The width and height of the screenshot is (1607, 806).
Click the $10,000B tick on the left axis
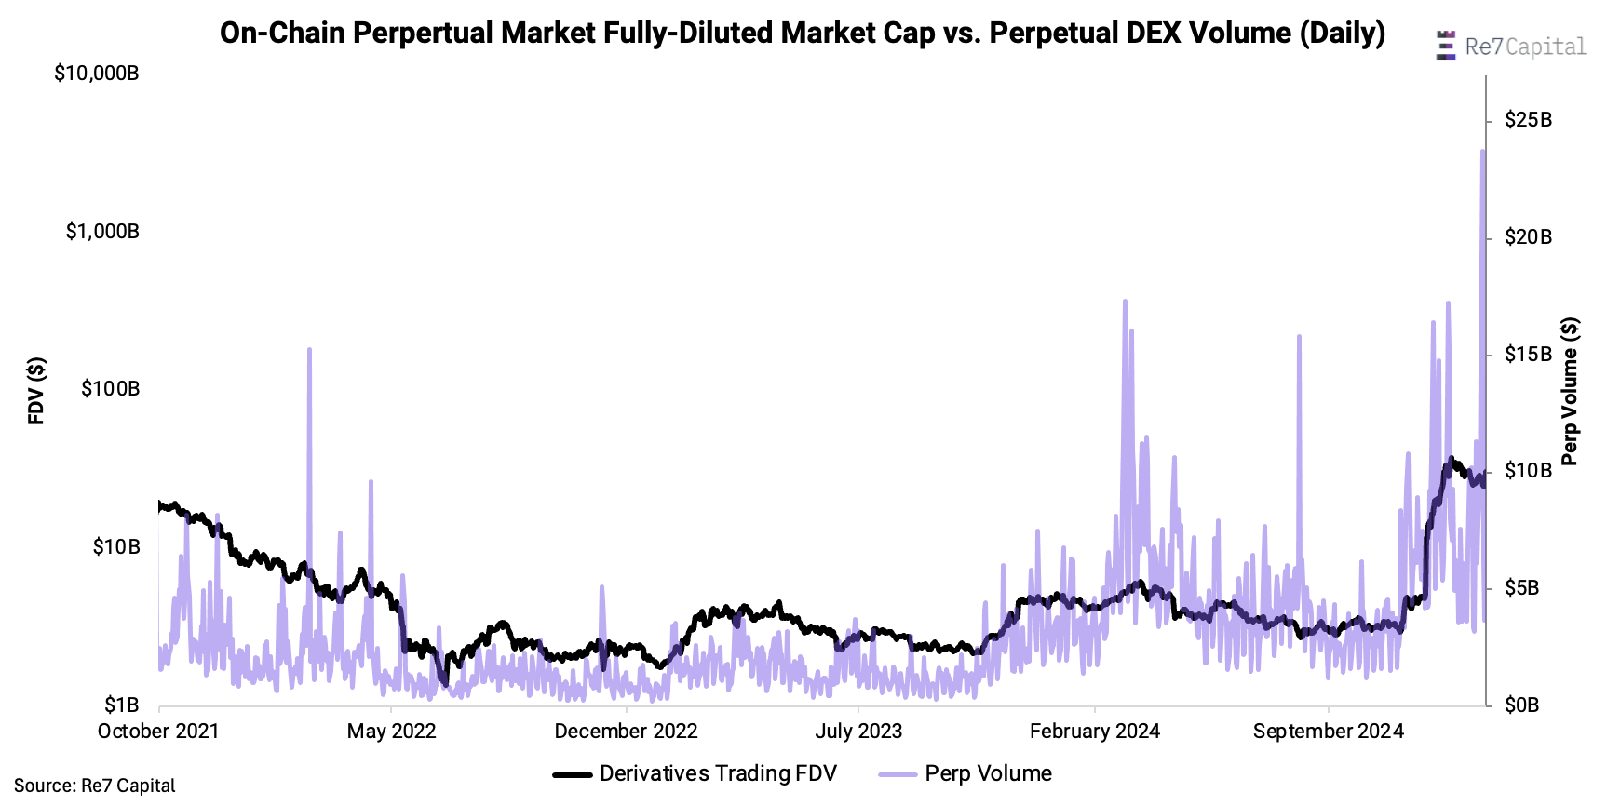[97, 73]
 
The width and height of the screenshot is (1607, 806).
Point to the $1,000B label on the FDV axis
[102, 231]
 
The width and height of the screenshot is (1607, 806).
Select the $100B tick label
[110, 388]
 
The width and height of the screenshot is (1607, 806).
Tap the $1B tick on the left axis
[121, 705]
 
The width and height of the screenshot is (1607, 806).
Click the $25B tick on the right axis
[1528, 120]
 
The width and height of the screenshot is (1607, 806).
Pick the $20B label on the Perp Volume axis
[1528, 237]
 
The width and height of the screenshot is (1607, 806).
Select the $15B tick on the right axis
[1528, 355]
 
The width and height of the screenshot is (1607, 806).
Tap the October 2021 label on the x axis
[158, 732]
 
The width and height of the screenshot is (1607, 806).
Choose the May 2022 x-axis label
[391, 732]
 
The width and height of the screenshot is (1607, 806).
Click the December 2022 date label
[626, 732]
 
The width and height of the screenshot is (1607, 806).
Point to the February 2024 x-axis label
[1094, 732]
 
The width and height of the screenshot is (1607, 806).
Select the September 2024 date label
[1328, 732]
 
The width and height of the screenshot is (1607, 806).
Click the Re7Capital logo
[1511, 47]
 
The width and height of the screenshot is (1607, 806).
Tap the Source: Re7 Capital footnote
[94, 786]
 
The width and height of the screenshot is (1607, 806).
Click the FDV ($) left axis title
[36, 391]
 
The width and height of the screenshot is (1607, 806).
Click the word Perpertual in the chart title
[425, 34]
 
